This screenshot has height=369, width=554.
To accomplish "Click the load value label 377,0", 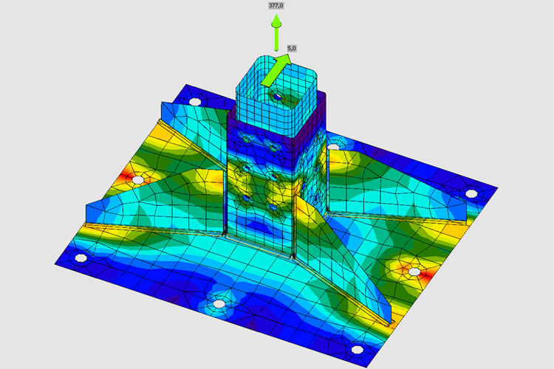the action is coord(276,6).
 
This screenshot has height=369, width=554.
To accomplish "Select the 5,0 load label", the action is coord(292,49).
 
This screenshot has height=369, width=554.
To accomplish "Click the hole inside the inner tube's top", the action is coord(278,96).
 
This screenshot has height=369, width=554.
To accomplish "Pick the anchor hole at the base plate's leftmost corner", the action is coord(81,258).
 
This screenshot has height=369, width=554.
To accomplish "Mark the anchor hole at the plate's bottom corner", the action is coord(358,350).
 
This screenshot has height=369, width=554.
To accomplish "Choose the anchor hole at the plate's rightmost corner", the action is coord(471,193).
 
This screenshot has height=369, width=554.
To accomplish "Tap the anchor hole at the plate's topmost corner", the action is coord(195,102).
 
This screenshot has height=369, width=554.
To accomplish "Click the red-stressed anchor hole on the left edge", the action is coord(138,180).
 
